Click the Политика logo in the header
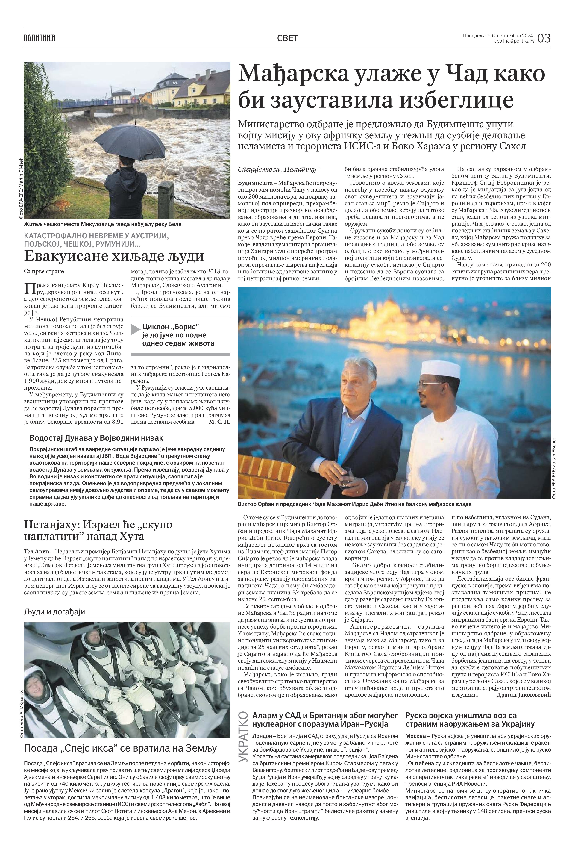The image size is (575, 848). pyautogui.click(x=39, y=38)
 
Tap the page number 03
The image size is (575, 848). pyautogui.click(x=544, y=38)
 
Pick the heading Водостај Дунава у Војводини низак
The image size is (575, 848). pyautogui.click(x=96, y=438)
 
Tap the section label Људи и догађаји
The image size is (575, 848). pyautogui.click(x=54, y=611)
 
